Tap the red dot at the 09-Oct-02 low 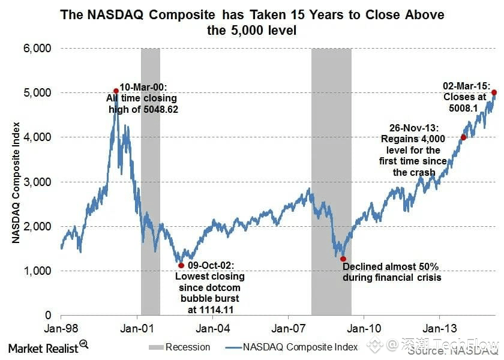(x=181, y=265)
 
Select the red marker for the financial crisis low (x=343, y=259)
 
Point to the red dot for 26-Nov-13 (x=463, y=137)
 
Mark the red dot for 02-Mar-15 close (x=494, y=92)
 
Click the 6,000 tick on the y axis (x=37, y=48)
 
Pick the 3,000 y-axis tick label (x=37, y=182)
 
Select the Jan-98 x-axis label (x=61, y=328)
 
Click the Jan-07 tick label (x=288, y=328)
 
